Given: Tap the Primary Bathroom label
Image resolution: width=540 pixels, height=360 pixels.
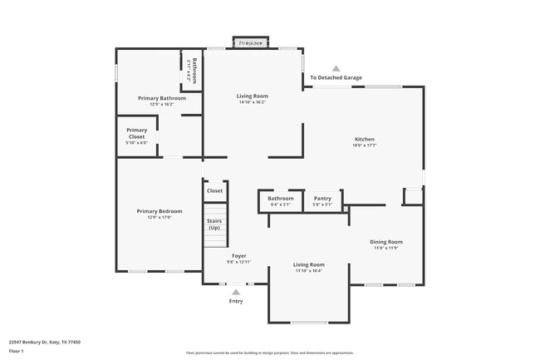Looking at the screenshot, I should click(162, 98).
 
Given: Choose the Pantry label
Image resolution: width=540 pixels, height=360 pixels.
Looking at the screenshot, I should click(322, 199).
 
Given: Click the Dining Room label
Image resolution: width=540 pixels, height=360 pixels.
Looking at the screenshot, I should click(386, 242).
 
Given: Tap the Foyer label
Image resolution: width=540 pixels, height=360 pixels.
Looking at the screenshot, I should click(238, 255).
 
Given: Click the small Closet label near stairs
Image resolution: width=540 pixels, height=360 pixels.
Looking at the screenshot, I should click(214, 190).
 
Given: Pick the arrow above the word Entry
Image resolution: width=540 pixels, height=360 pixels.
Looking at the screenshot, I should click(237, 292).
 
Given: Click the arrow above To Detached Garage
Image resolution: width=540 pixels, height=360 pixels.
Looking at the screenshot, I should click(336, 69).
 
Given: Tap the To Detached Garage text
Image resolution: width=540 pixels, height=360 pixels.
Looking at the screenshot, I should click(336, 78).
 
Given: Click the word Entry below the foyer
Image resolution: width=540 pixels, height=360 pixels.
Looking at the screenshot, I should click(237, 301).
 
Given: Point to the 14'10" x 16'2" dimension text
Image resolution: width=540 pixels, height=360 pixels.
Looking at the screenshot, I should click(252, 102).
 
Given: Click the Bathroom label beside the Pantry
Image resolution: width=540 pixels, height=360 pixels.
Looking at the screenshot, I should click(280, 199).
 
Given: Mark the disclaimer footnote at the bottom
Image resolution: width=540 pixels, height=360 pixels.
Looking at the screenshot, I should click(269, 353).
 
